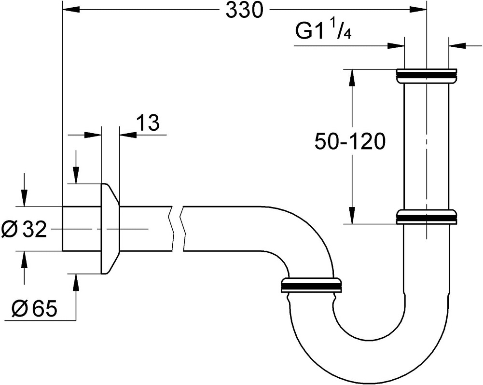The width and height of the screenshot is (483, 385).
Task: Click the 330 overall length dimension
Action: pyautogui.click(x=245, y=11)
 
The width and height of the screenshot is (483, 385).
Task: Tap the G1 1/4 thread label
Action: pyautogui.click(x=323, y=32)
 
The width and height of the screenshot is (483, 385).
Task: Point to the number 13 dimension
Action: pyautogui.click(x=147, y=124)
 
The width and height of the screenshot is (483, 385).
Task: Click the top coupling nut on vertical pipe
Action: pyautogui.click(x=426, y=76)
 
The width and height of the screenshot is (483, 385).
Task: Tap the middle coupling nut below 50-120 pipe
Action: pyautogui.click(x=426, y=217)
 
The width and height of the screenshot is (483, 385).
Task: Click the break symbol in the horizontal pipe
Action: pyautogui.click(x=177, y=229)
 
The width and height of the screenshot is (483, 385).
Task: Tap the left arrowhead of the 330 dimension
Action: pyautogui.click(x=70, y=9)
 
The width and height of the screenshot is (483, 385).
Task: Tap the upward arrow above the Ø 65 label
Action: pyautogui.click(x=75, y=282)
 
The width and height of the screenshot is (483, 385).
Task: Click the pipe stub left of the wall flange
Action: pyautogui.click(x=81, y=229)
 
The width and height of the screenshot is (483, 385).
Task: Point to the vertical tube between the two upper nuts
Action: pyautogui.click(x=426, y=145)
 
